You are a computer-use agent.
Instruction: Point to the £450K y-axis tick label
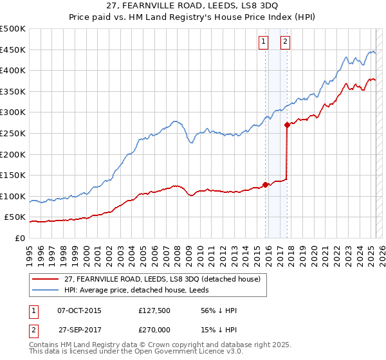[x=13, y=50]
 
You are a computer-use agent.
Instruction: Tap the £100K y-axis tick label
[x=13, y=196]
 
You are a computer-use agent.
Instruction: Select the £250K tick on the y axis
[x=13, y=133]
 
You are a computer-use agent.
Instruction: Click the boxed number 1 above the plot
[x=264, y=42]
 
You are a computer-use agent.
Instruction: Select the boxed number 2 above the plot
[x=284, y=42]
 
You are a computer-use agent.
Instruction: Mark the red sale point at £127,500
[x=266, y=184]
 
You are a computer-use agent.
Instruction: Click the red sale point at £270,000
[x=288, y=125]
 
